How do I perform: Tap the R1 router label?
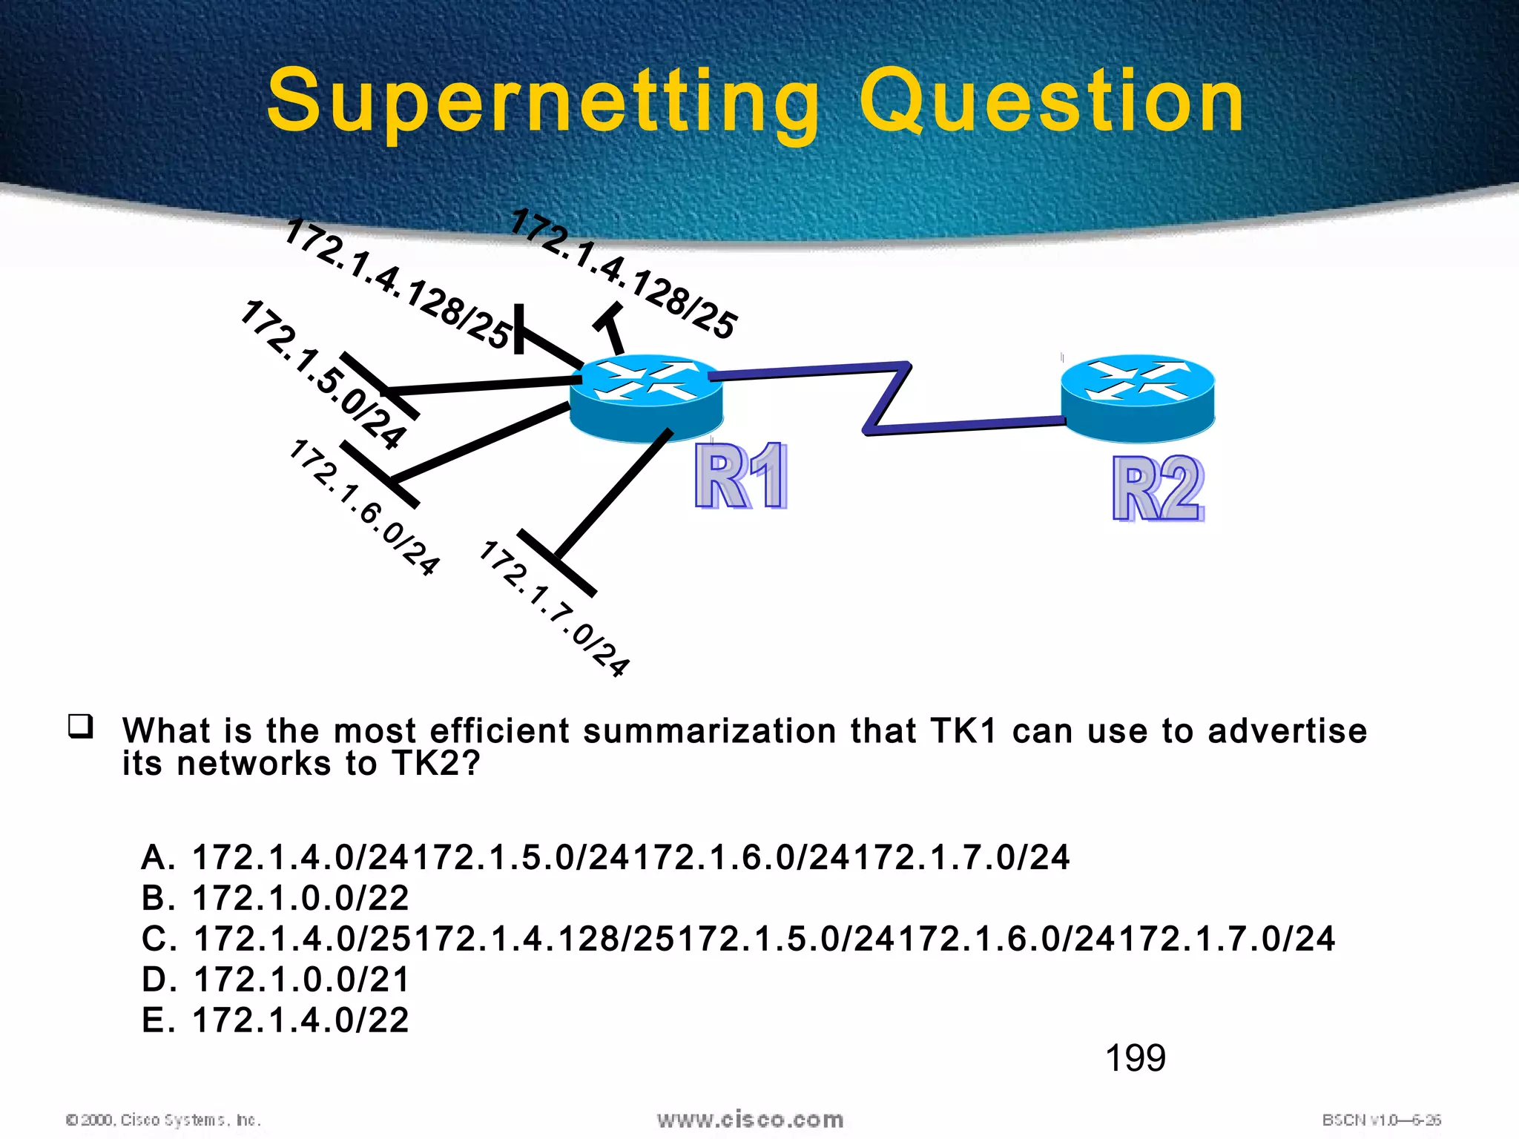[740, 476]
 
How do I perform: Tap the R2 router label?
[1158, 489]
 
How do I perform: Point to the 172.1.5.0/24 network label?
[323, 374]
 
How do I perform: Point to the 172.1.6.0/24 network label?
[363, 508]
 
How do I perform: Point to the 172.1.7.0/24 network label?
[554, 608]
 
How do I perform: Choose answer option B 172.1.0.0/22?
[275, 898]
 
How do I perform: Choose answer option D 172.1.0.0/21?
[275, 980]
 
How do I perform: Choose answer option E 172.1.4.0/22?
[275, 1020]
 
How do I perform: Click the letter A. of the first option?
[158, 858]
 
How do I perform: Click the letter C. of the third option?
[159, 940]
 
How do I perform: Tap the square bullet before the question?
[80, 726]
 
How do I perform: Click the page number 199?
[1135, 1058]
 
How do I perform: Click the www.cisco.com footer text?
[750, 1120]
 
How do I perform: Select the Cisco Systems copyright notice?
[163, 1120]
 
